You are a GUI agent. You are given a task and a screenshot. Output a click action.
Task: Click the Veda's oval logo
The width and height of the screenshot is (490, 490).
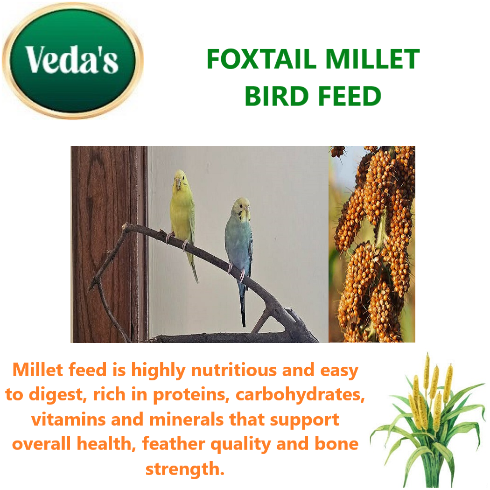click(x=72, y=61)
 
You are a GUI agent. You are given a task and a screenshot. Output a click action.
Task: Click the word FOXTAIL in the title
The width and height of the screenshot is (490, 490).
click(x=261, y=59)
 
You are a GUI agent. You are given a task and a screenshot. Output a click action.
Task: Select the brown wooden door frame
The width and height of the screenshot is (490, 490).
click(x=109, y=244)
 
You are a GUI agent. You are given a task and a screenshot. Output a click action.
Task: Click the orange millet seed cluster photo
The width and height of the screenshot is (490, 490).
click(x=372, y=244)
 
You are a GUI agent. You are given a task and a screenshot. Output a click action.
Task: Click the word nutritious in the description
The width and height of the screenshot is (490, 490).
click(x=234, y=370)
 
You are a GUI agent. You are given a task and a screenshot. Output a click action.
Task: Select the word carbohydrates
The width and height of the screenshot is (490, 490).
click(x=300, y=395)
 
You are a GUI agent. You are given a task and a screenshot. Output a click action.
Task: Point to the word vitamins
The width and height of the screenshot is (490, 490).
click(x=69, y=420)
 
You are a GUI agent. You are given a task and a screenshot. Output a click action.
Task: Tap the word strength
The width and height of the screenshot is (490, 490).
click(x=185, y=469)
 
